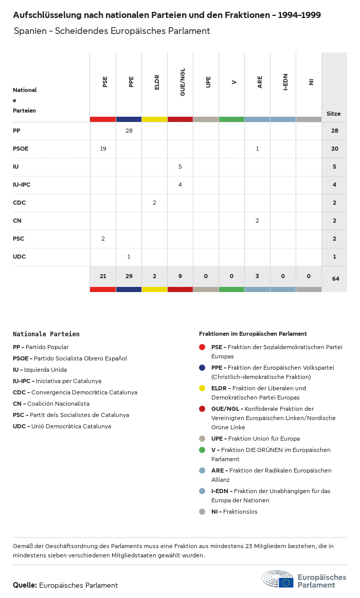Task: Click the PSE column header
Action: (105, 81)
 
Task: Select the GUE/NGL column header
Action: (183, 81)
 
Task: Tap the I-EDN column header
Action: (285, 81)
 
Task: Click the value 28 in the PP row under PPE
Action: (129, 131)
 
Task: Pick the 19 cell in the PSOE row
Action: (103, 149)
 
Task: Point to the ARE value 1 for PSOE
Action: (257, 149)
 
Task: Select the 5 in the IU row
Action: (180, 167)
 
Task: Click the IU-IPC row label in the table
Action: (22, 185)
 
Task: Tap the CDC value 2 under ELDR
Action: (154, 203)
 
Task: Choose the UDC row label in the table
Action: (19, 257)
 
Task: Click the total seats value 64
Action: (335, 279)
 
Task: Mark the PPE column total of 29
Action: (129, 276)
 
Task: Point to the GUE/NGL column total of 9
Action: (180, 276)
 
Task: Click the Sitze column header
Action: (333, 114)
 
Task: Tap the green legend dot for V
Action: (202, 450)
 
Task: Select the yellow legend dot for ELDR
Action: (202, 388)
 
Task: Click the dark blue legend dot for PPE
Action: (202, 368)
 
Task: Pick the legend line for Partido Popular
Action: (41, 347)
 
